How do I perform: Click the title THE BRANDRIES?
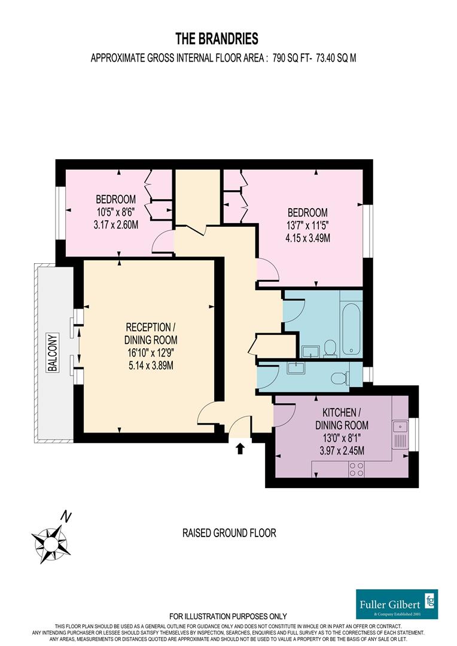coord(217,39)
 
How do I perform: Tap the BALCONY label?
coord(53,352)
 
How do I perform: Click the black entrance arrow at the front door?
coord(240,448)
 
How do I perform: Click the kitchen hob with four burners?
coord(357,470)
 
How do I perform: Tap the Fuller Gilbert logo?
coord(397,604)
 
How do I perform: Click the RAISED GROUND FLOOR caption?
coord(229,533)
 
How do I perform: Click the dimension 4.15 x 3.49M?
coord(307,238)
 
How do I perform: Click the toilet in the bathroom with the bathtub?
coord(330,348)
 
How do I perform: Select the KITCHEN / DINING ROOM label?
coord(342,419)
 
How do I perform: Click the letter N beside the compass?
coord(67,516)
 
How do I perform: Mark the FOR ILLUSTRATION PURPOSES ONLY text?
coord(228,616)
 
